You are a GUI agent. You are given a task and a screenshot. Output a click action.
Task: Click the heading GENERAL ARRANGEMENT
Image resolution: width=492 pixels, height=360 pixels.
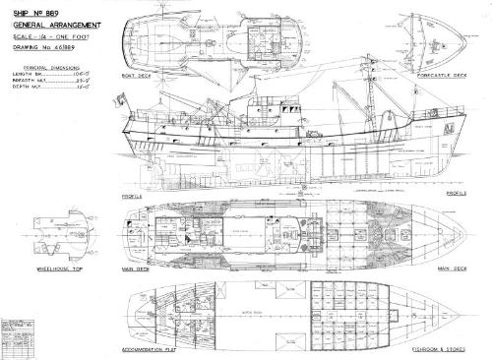tap(48, 23)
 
